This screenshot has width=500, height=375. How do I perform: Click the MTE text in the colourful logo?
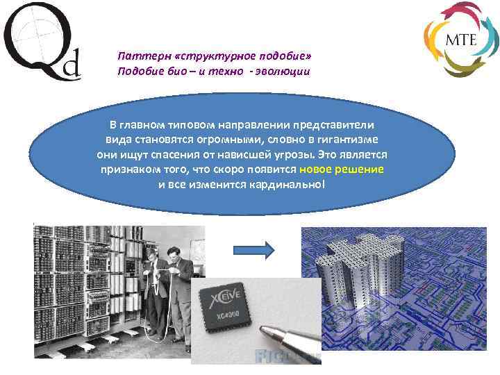tap(460, 39)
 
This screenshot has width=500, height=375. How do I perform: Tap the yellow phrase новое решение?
tap(342, 169)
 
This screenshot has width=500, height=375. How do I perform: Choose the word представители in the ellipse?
tap(338, 125)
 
